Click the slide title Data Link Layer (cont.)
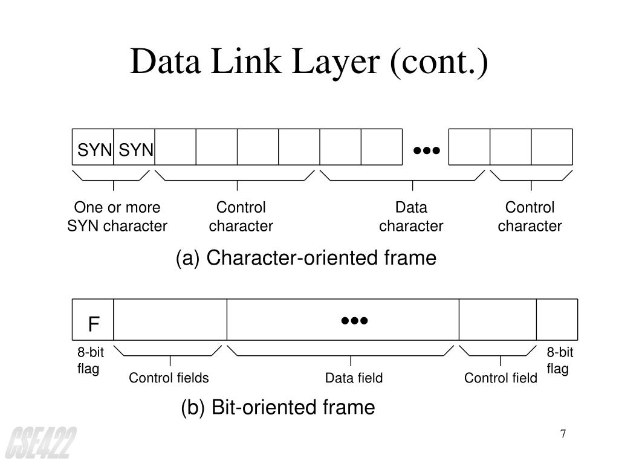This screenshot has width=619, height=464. (x=309, y=63)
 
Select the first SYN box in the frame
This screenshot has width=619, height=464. (x=93, y=147)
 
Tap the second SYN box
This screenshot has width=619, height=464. (x=135, y=147)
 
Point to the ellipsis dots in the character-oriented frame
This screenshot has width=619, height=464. (x=426, y=149)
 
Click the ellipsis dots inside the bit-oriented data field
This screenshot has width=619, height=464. (x=354, y=320)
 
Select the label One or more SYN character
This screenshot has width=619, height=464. (x=117, y=217)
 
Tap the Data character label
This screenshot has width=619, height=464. (x=411, y=217)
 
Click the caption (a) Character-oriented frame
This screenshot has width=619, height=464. (x=306, y=258)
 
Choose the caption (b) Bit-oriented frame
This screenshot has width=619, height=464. (x=278, y=407)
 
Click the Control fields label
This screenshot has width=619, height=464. (x=169, y=378)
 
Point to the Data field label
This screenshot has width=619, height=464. (x=354, y=378)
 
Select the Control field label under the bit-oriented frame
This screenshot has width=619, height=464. (x=501, y=378)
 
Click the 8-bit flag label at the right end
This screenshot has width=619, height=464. (x=560, y=361)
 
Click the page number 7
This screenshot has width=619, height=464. (x=563, y=434)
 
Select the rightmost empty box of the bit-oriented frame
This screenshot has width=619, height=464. (x=557, y=319)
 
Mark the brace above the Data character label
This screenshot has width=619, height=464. (x=403, y=176)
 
